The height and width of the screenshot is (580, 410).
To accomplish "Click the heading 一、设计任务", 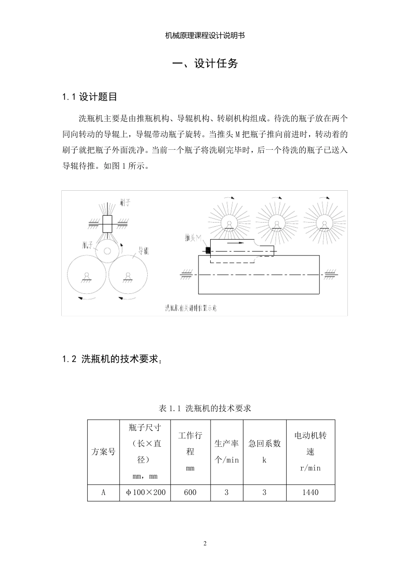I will (x=205, y=64).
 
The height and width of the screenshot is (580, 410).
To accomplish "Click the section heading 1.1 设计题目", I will (x=90, y=97).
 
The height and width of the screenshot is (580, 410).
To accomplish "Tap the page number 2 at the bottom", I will (x=205, y=543).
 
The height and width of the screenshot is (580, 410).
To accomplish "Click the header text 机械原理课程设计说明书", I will (x=205, y=36).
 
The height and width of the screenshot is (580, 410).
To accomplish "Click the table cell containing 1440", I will (x=310, y=492).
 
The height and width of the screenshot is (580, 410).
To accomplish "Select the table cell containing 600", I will (x=190, y=492).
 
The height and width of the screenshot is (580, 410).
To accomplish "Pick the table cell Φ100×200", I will (x=145, y=492).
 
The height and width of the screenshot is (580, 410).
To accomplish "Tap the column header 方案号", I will (x=103, y=452).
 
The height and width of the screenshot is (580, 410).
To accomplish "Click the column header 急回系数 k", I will (x=265, y=451).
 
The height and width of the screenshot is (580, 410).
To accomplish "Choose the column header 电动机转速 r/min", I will (x=310, y=451).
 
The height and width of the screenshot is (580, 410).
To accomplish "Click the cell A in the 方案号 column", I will (x=103, y=492).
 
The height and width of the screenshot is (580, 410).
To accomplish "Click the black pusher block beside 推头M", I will (x=208, y=250).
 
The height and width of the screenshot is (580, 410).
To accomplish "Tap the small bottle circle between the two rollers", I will (x=107, y=251).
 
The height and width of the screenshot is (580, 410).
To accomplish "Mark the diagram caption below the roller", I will (x=191, y=308).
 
